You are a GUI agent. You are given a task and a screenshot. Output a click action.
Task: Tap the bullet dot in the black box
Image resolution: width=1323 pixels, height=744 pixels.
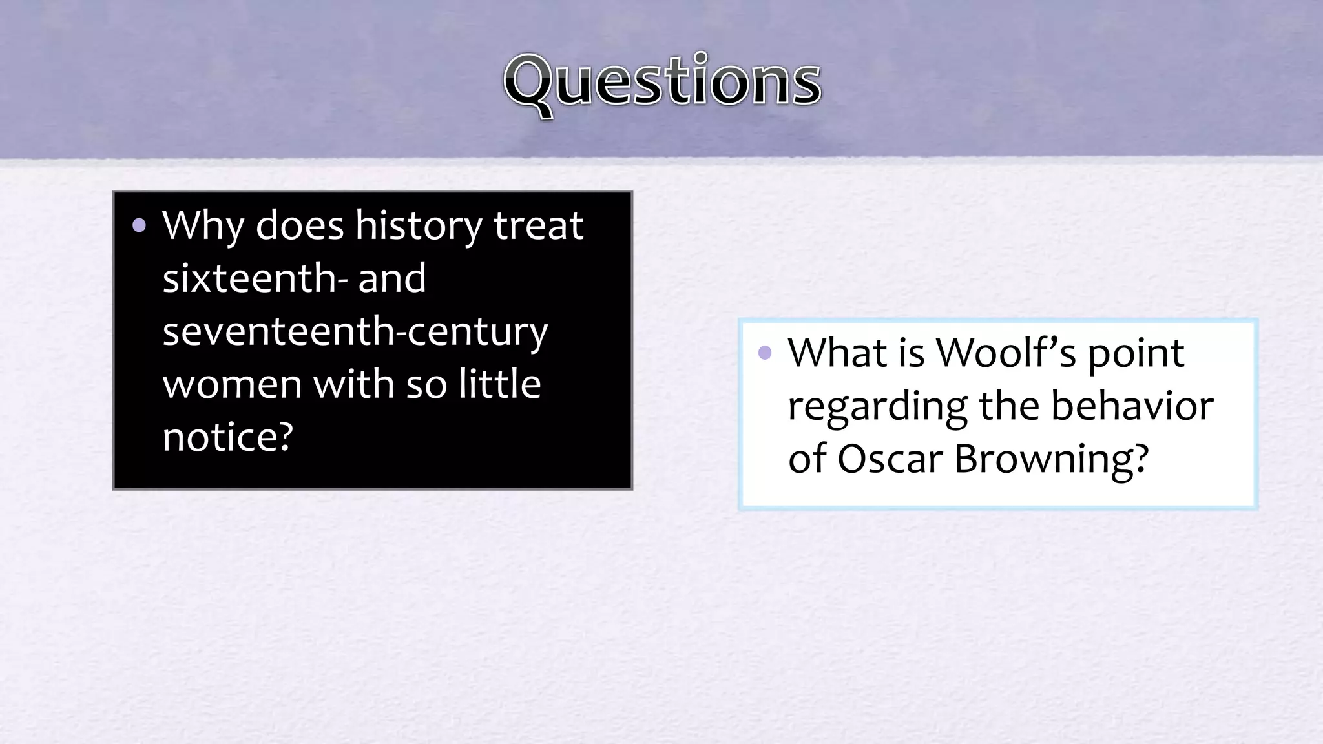pyautogui.click(x=139, y=226)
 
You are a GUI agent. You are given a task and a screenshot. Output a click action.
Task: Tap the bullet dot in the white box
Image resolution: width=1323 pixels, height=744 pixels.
pyautogui.click(x=765, y=353)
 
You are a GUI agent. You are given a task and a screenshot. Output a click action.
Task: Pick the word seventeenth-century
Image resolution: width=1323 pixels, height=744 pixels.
pyautogui.click(x=355, y=331)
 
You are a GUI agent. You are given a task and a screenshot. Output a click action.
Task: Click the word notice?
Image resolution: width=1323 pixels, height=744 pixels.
pyautogui.click(x=227, y=437)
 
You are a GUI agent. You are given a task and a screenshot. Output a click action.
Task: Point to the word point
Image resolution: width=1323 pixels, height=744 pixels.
pyautogui.click(x=1136, y=354)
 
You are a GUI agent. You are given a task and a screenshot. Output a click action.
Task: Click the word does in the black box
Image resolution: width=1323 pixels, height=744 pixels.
pyautogui.click(x=299, y=226)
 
